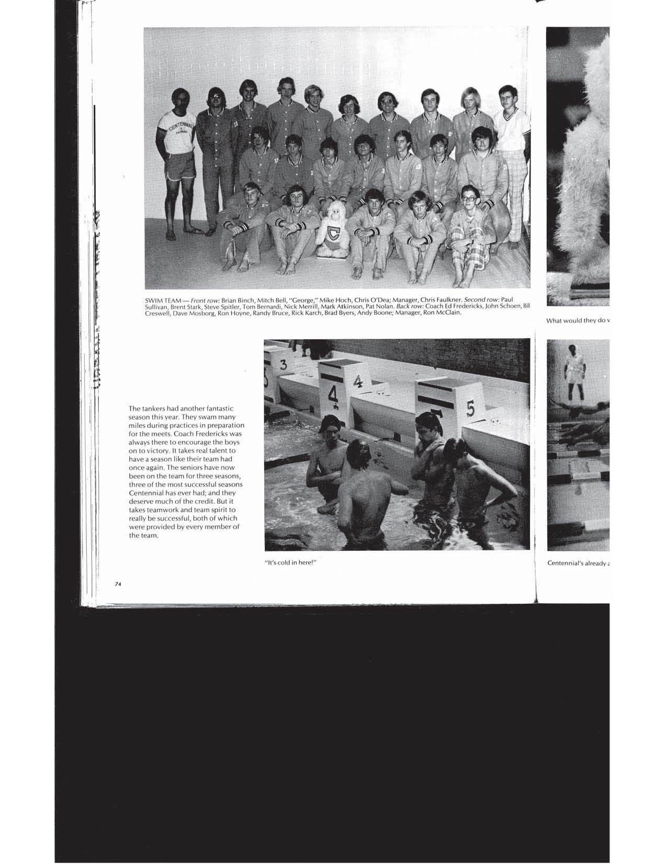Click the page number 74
pyautogui.click(x=118, y=585)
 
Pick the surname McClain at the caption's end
pyautogui.click(x=444, y=313)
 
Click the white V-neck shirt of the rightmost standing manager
pyautogui.click(x=509, y=123)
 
